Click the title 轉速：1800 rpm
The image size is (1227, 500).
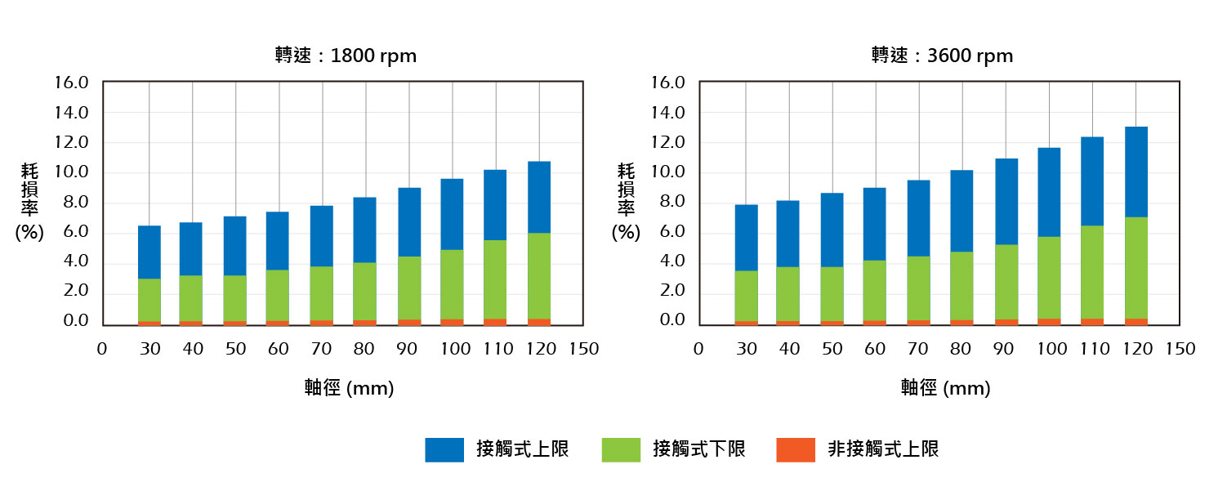coord(346,56)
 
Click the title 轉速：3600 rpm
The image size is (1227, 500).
coord(942,56)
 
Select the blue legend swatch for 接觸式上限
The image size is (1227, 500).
coord(444,449)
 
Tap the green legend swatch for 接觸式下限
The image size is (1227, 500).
coord(621,449)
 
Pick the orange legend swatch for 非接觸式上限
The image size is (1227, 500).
coord(796,449)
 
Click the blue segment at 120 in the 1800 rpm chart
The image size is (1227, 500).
coord(539,197)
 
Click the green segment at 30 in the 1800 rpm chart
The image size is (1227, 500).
coord(149,300)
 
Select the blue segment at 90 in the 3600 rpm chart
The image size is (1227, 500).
coord(1006,201)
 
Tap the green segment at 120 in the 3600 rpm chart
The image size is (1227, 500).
coord(1136,267)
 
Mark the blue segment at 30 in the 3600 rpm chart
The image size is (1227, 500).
coord(746,237)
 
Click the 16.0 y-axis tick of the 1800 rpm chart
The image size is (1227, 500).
coord(72,83)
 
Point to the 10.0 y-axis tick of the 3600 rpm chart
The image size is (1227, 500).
coord(667,173)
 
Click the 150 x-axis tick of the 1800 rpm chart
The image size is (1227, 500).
coord(585,349)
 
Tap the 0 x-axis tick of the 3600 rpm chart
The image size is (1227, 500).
coord(698,349)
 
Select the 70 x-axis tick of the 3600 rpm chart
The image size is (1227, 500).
coord(919,349)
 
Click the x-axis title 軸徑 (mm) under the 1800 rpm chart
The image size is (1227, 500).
coord(349,388)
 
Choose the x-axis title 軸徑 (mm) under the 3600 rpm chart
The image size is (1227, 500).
coord(945,388)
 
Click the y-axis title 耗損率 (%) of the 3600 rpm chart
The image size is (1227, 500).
coord(627,201)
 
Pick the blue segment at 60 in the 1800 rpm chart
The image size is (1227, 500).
coord(279,240)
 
